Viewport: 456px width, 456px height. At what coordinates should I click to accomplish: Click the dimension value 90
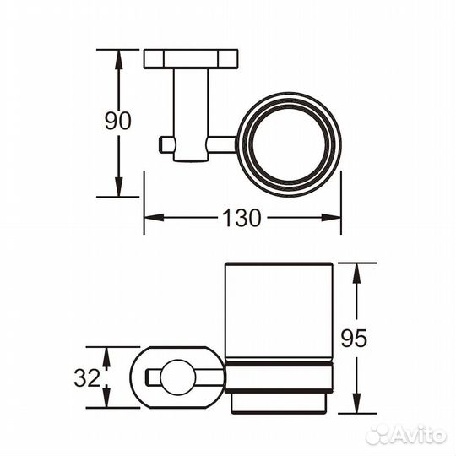coord(118,121)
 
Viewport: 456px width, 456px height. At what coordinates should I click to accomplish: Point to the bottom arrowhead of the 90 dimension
coord(118,189)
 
